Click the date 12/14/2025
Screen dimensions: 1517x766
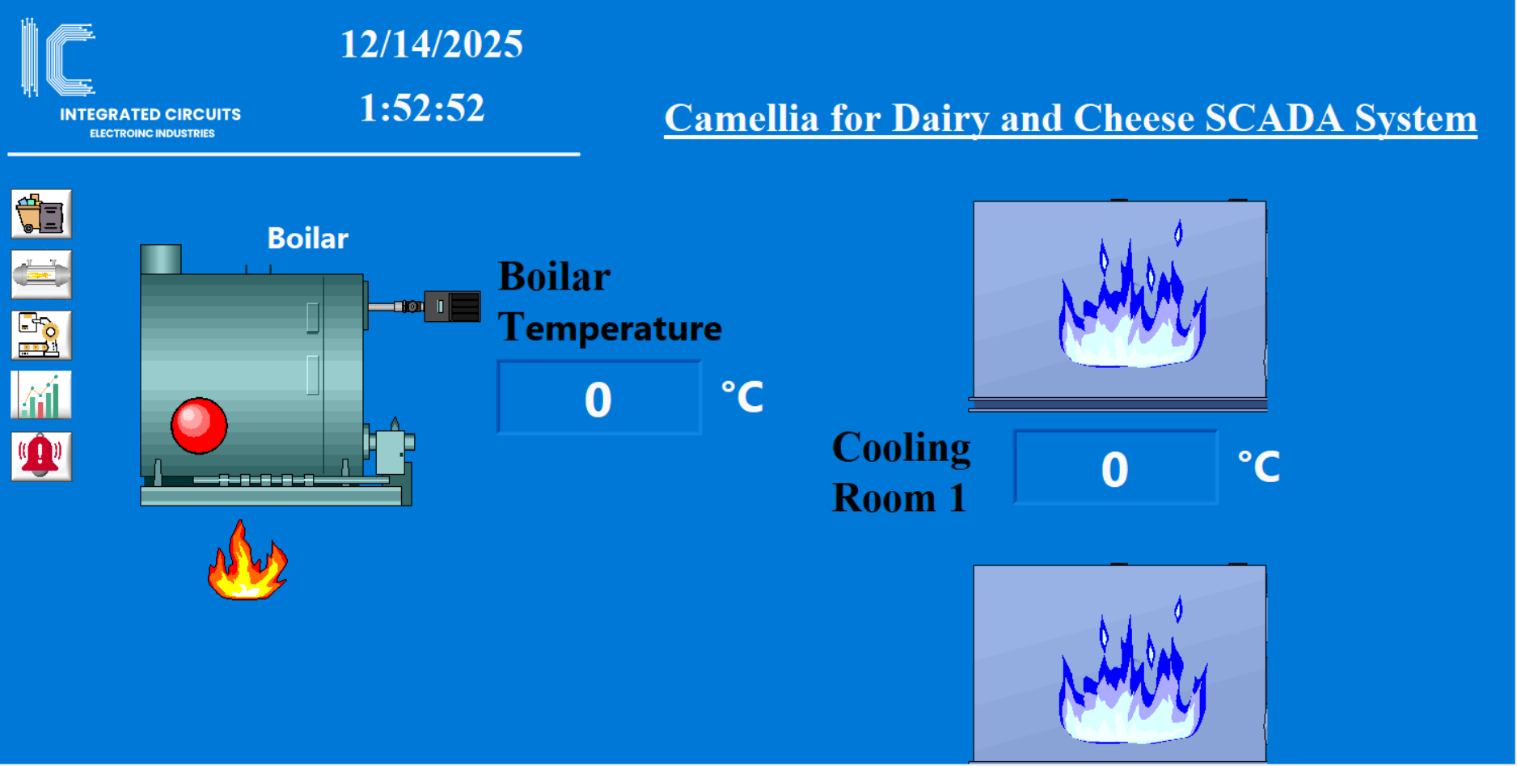point(432,44)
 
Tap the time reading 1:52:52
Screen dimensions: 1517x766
point(422,108)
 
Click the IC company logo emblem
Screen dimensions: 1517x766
point(58,57)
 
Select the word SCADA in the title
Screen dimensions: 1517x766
point(1274,118)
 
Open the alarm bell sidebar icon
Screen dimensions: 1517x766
point(41,456)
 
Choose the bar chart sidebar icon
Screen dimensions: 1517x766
point(41,395)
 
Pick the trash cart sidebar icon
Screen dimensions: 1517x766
point(41,214)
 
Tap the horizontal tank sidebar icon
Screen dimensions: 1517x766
point(41,275)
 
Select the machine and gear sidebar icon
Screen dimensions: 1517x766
point(41,335)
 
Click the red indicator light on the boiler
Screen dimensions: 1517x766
point(199,425)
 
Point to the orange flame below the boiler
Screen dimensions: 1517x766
point(247,561)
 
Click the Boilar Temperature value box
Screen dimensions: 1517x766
point(599,398)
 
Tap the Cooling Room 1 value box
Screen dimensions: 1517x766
point(1116,468)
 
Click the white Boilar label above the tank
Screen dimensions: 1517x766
point(307,239)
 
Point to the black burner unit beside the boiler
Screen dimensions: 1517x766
point(452,307)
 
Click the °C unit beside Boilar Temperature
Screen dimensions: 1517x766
point(742,396)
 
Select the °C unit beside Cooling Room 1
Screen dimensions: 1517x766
point(1259,467)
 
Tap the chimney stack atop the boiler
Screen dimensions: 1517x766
point(161,260)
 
